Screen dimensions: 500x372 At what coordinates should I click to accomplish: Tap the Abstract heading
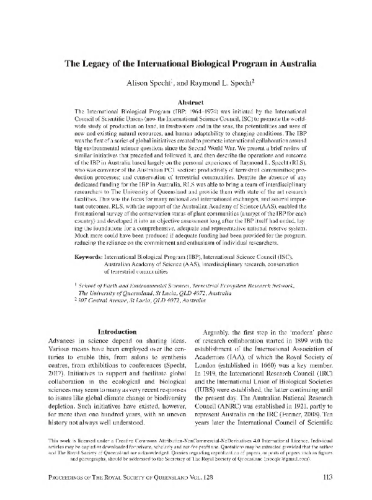pos(187,100)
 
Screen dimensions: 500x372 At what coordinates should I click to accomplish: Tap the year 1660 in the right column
pos(277,372)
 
